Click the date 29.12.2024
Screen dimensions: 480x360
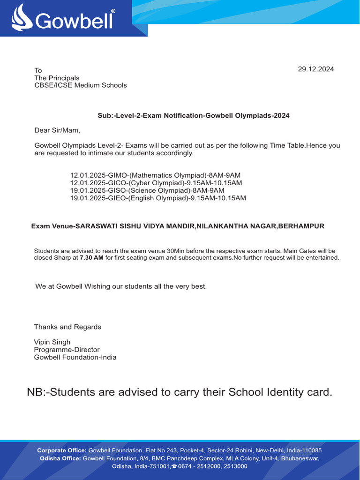coord(316,69)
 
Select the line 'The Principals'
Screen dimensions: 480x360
coord(57,78)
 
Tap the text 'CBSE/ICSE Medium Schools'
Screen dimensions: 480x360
coord(81,85)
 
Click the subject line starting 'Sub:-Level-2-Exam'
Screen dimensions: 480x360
coord(193,115)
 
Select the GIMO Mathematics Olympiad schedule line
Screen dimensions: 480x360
coord(155,175)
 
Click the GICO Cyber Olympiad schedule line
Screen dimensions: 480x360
coord(156,182)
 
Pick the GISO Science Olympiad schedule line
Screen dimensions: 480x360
coord(147,190)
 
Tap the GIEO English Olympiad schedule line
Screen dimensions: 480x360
coord(158,198)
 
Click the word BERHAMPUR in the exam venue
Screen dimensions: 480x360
coord(301,226)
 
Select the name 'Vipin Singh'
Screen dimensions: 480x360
coord(52,342)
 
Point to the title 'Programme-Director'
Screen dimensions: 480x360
coord(67,350)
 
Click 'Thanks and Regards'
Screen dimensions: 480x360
coord(67,327)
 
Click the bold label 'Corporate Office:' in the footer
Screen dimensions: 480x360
coord(62,450)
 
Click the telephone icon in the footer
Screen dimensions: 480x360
coord(174,466)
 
